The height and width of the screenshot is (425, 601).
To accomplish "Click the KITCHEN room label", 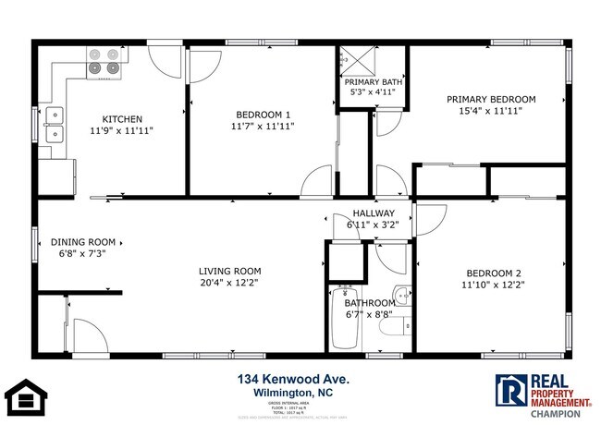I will pyautogui.click(x=122, y=118).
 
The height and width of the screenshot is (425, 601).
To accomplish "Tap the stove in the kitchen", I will pyautogui.click(x=104, y=60).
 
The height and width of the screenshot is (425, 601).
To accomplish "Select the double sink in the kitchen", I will pyautogui.click(x=54, y=126).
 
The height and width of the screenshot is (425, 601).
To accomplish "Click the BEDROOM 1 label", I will pyautogui.click(x=262, y=115).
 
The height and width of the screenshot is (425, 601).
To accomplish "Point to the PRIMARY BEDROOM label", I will pyautogui.click(x=491, y=99).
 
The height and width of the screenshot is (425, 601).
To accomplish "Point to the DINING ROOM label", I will pyautogui.click(x=81, y=242).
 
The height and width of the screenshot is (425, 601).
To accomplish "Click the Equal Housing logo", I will pyautogui.click(x=27, y=396).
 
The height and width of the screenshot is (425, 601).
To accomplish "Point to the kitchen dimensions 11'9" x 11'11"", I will pyautogui.click(x=122, y=130).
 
